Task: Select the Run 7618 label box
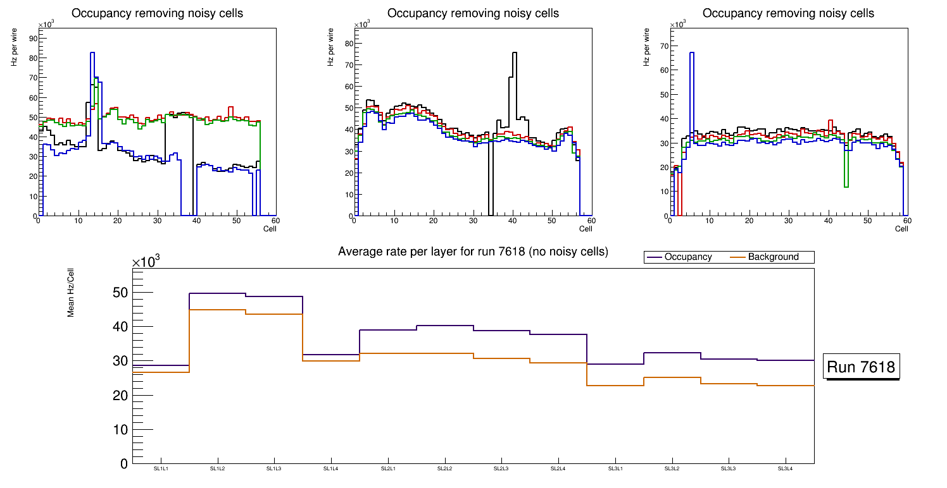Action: coord(862,367)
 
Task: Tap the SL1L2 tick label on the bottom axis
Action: coord(217,469)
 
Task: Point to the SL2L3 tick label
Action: coord(501,469)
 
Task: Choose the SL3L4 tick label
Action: coord(786,469)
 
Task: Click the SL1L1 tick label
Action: coord(161,469)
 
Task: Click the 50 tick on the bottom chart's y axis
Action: coord(120,293)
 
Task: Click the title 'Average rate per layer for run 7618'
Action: coord(473,252)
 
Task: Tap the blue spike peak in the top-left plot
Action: coord(92,53)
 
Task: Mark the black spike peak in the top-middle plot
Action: coord(515,53)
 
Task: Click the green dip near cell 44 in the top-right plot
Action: coord(846,186)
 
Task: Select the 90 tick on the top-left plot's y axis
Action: coord(34,39)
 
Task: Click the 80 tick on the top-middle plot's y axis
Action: coord(349,44)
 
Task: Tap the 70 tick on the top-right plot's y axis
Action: coord(665,46)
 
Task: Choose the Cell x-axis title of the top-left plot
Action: coord(270,229)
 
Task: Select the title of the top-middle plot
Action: coord(473,13)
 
